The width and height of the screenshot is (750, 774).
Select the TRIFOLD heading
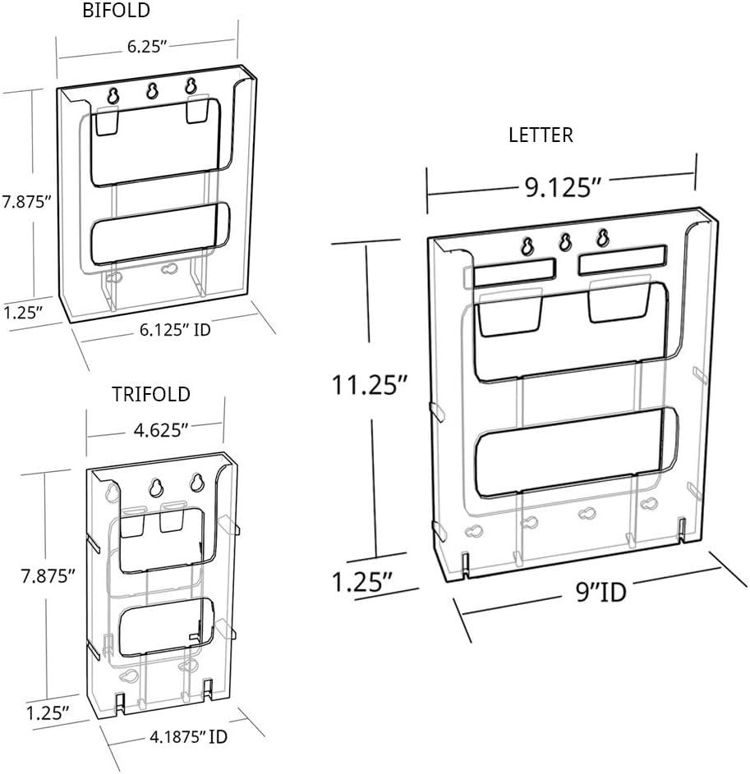click(x=151, y=394)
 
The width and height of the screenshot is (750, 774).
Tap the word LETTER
click(x=541, y=135)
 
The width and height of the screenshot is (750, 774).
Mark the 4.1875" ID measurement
click(x=187, y=736)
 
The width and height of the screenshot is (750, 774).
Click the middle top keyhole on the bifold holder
click(x=152, y=90)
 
